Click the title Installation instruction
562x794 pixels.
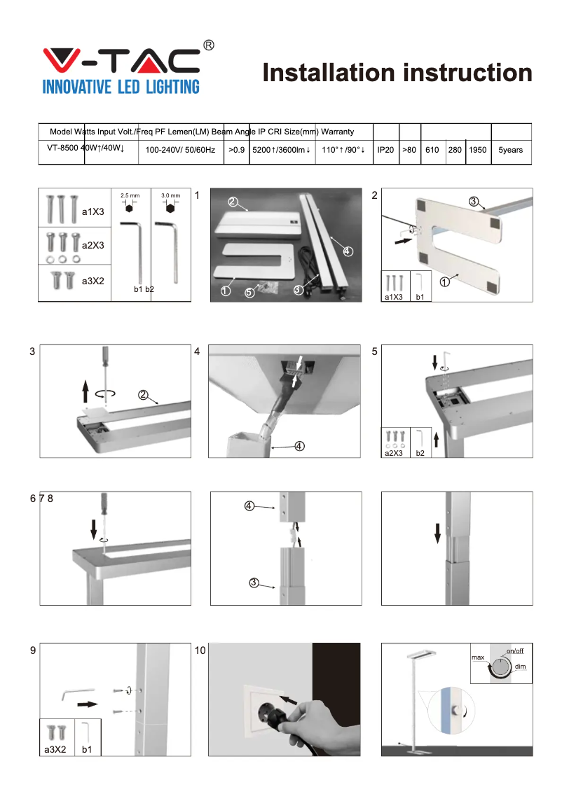(397, 73)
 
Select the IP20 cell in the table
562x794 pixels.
(385, 150)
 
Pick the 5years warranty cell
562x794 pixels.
(511, 150)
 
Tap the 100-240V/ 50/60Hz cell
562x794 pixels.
(180, 150)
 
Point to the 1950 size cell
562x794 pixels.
(478, 150)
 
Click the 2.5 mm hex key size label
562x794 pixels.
(130, 195)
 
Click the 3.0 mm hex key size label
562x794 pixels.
(170, 195)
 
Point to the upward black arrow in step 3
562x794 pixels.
(85, 389)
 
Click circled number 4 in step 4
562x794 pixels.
(299, 447)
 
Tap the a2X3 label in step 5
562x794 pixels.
(394, 453)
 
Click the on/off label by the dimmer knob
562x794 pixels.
(515, 651)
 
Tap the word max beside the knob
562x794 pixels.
(478, 658)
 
